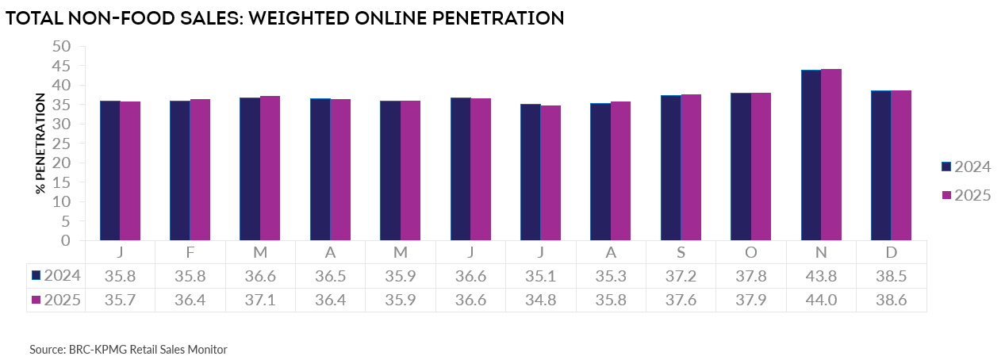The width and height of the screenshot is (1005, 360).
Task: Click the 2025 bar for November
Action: (831, 155)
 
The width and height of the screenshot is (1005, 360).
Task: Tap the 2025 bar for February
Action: (200, 170)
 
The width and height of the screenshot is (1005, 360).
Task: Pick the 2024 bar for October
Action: (741, 167)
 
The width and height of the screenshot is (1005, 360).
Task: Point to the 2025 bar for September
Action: (691, 167)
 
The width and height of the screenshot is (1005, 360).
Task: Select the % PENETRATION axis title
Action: (40, 144)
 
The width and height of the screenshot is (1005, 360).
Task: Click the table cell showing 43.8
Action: (821, 276)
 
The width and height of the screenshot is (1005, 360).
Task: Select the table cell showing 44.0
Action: (821, 300)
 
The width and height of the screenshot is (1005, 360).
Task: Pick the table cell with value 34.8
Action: (541, 300)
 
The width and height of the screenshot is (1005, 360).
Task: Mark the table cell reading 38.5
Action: (891, 276)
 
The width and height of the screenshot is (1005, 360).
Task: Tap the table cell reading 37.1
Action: (260, 300)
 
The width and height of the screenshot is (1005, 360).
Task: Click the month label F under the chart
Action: (190, 252)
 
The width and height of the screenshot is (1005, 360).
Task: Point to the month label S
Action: (681, 252)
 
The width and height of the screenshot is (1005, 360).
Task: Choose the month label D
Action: (891, 252)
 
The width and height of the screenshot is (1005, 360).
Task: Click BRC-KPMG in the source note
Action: (95, 349)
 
